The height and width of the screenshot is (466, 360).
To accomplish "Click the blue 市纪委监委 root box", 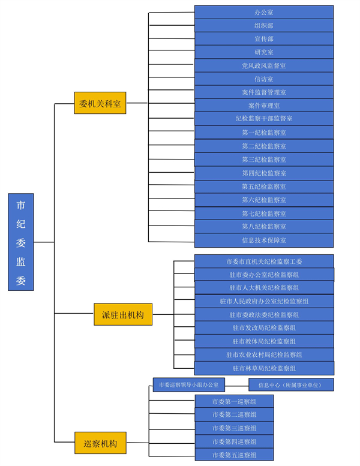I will point(21,242).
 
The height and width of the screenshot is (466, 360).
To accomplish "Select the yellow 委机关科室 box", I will point(100,103).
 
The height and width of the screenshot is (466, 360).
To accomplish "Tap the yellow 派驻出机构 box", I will point(123,314).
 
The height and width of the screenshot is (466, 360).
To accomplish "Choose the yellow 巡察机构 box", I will point(100,444).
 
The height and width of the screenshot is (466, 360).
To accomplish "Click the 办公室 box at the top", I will point(263,12).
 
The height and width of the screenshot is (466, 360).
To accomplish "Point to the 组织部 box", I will point(263,25).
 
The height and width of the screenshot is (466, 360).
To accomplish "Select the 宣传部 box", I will point(263,38).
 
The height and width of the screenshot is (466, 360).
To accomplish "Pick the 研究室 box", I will point(263,52).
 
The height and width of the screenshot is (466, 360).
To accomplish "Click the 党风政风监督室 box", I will point(263,65).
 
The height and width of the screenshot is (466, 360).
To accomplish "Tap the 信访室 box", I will point(263,79).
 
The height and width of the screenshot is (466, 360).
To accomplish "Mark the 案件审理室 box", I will point(263,106).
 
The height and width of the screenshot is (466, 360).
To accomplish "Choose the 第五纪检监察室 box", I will point(263,187).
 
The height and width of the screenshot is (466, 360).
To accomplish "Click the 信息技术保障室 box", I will point(263,240).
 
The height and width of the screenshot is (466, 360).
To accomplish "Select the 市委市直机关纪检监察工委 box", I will point(264,261).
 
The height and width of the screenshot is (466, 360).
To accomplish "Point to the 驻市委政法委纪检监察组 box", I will point(264,314).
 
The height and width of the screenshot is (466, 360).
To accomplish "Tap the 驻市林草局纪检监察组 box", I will point(264,368).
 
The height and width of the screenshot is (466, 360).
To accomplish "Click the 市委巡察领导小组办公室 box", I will point(189,384).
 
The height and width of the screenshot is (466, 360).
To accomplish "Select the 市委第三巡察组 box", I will point(234,428).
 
